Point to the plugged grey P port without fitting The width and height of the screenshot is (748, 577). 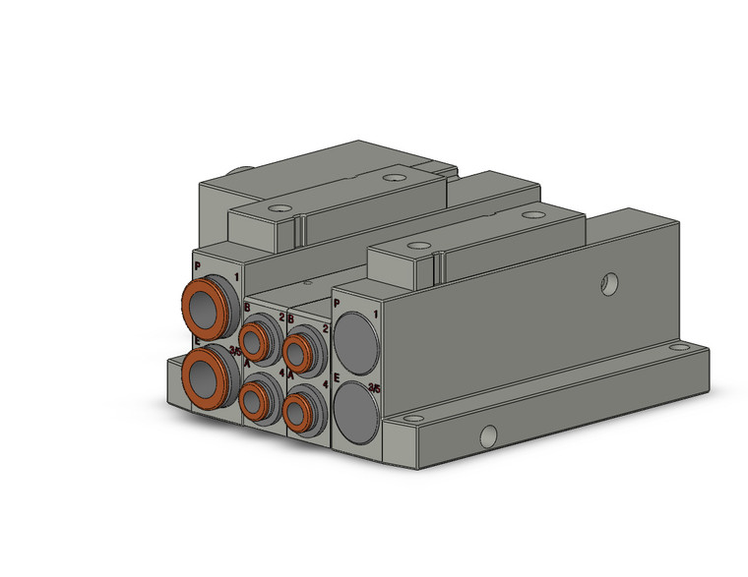click(x=356, y=336)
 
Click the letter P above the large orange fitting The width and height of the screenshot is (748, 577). click(x=198, y=266)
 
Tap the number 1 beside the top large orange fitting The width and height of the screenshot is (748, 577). click(x=236, y=279)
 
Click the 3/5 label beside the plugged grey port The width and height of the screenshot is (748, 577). click(x=374, y=388)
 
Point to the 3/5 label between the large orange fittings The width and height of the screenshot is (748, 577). click(x=234, y=349)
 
